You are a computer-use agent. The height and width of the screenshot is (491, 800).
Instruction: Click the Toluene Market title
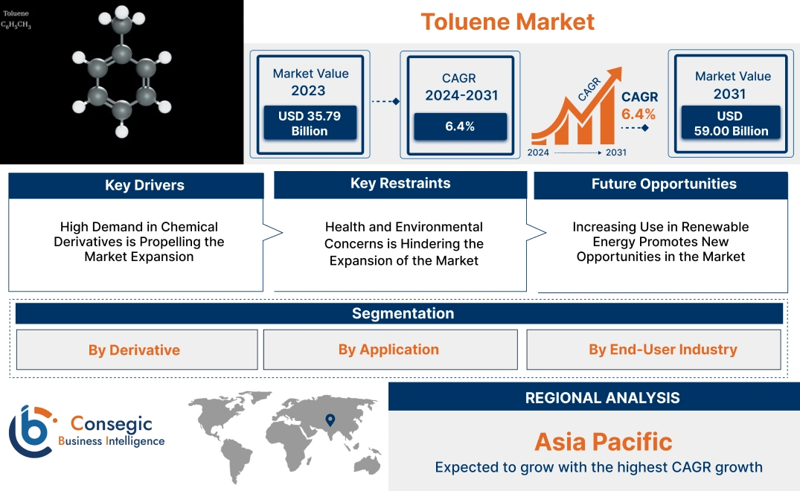click(508, 22)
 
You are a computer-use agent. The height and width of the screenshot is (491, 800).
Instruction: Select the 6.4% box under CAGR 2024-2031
click(460, 126)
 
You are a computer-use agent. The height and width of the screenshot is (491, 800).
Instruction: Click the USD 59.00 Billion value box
click(729, 123)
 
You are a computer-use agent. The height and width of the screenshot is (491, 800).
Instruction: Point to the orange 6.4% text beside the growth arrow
click(639, 114)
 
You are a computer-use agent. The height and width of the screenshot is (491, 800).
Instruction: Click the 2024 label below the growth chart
click(539, 153)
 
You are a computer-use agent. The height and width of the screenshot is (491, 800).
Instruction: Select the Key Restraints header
click(400, 184)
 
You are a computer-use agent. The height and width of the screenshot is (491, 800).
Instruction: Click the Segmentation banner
click(403, 313)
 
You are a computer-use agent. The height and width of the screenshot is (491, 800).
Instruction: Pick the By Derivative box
click(134, 350)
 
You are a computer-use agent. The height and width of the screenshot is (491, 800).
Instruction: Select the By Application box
click(388, 350)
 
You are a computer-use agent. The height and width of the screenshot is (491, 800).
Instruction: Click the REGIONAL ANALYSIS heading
click(602, 398)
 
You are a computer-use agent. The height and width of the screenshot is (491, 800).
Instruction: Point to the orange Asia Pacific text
click(603, 442)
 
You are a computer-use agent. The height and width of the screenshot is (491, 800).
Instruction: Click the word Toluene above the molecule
click(16, 13)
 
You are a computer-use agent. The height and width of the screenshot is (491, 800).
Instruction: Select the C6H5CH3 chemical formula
click(16, 25)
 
